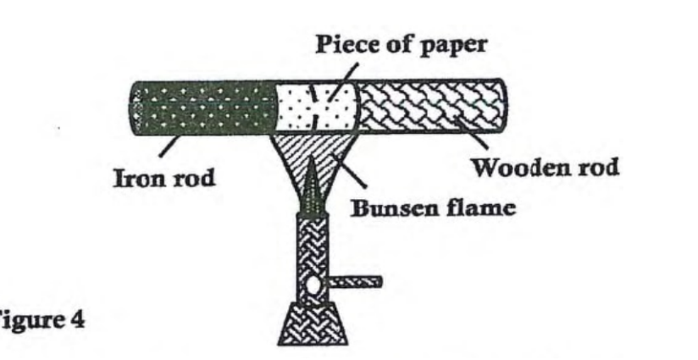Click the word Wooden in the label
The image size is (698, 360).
point(508,167)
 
